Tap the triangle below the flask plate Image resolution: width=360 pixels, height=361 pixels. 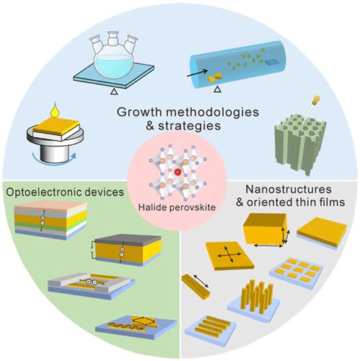click(114, 92)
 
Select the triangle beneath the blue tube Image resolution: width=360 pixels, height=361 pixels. click(217, 90)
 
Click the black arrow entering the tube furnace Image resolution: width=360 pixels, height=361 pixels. click(197, 73)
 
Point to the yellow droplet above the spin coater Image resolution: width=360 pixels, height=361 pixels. click(56, 110)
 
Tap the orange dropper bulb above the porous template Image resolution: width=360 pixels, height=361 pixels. click(316, 99)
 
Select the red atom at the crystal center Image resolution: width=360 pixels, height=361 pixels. click(177, 172)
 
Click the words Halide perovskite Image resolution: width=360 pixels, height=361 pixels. click(177, 207)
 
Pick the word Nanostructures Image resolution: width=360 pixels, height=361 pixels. click(289, 189)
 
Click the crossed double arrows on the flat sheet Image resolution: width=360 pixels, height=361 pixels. click(229, 254)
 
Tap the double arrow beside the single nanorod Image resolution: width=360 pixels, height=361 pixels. click(201, 281)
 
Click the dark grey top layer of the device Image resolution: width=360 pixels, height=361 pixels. click(128, 239)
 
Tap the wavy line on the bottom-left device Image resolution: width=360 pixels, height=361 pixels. click(126, 326)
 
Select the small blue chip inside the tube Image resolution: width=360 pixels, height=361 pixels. click(272, 62)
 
